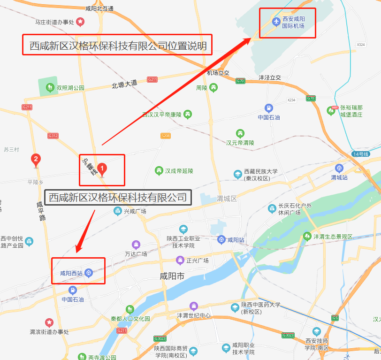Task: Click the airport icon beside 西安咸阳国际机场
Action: click(276, 21)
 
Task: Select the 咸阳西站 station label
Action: click(71, 273)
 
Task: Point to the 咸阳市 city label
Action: click(172, 277)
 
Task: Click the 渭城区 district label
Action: click(227, 199)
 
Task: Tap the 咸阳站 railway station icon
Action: click(221, 240)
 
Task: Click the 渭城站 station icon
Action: click(339, 169)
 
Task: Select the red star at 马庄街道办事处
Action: click(81, 22)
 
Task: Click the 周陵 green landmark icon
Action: click(213, 87)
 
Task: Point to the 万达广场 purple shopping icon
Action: click(136, 245)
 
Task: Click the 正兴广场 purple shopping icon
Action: click(180, 260)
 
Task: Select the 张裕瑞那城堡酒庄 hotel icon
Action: click(334, 110)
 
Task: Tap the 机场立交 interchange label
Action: click(218, 73)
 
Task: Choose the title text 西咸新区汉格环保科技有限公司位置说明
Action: click(118, 46)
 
